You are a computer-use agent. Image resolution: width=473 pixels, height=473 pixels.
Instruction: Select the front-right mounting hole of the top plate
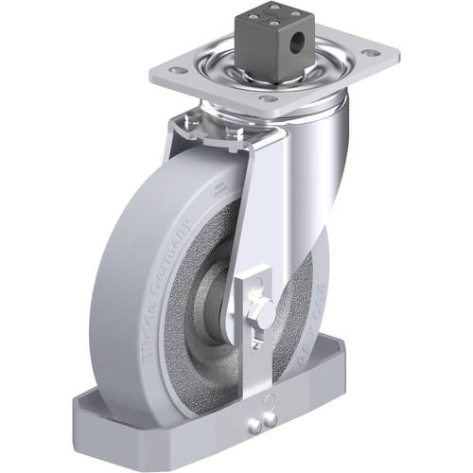coord(268,97)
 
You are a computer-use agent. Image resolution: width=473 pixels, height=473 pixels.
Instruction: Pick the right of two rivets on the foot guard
coord(274,420)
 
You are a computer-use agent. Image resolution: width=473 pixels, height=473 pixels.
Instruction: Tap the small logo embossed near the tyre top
coord(219,189)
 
